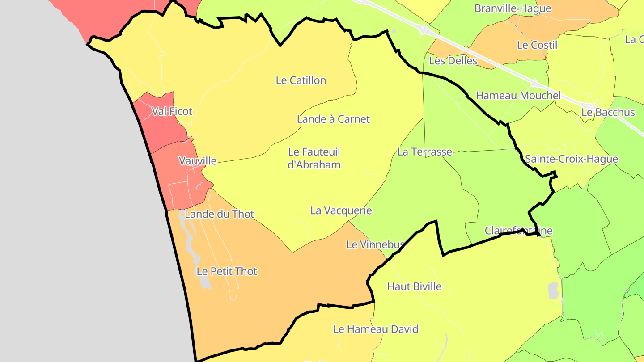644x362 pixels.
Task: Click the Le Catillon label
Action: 301,80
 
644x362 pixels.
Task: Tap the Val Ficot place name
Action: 172,111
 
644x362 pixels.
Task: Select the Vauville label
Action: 197,161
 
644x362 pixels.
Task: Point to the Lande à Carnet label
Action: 333,119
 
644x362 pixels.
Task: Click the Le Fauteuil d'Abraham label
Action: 314,158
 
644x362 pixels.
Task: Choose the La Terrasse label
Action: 424,152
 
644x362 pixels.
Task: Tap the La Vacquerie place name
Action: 341,210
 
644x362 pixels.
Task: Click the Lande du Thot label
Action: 219,214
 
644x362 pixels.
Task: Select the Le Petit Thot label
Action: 227,271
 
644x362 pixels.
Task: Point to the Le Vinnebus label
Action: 375,244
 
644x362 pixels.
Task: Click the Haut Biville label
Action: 414,286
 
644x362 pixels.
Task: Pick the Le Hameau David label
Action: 376,329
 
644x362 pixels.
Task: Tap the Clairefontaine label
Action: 518,231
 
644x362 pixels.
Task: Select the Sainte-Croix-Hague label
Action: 571,159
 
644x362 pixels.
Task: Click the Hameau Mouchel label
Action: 518,95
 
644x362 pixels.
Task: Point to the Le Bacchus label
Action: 608,113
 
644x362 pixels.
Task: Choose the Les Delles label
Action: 453,61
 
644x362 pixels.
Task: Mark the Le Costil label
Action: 537,45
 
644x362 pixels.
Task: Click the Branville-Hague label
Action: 513,8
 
